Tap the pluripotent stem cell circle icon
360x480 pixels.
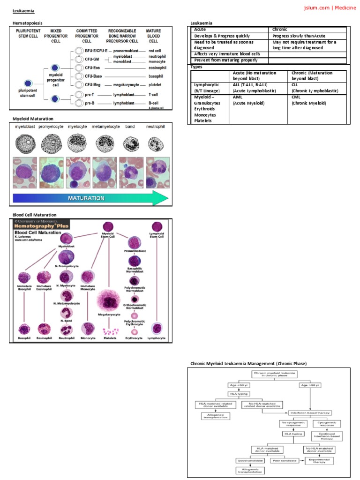28,84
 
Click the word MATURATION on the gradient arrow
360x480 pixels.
86,198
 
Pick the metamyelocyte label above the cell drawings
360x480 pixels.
105,127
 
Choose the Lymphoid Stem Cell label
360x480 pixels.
157,235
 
